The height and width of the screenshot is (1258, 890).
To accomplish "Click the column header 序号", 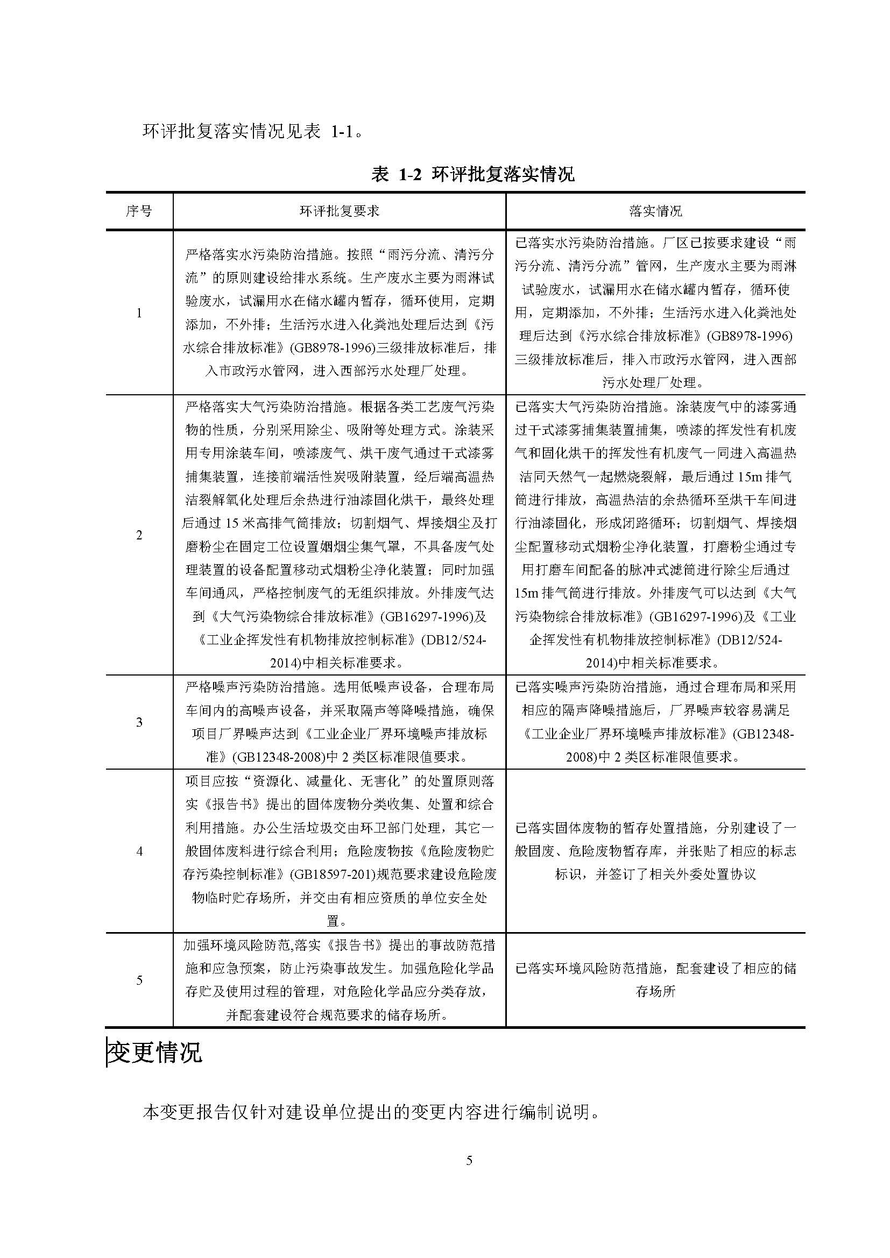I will (139, 211).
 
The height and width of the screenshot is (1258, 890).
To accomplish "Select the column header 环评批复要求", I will (339, 211).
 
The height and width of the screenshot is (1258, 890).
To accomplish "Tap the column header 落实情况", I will (655, 211).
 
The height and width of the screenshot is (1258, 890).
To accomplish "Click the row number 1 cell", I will (139, 313).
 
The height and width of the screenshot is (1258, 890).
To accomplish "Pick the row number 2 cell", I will (139, 535).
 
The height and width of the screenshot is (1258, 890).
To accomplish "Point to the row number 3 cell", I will (139, 722).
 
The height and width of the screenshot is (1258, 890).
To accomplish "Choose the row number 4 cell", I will (139, 851).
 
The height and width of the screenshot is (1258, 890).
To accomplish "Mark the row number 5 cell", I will (139, 979).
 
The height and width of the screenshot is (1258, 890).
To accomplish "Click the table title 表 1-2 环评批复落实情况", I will (472, 174).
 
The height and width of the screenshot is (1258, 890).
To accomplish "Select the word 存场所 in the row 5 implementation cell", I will (655, 991).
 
